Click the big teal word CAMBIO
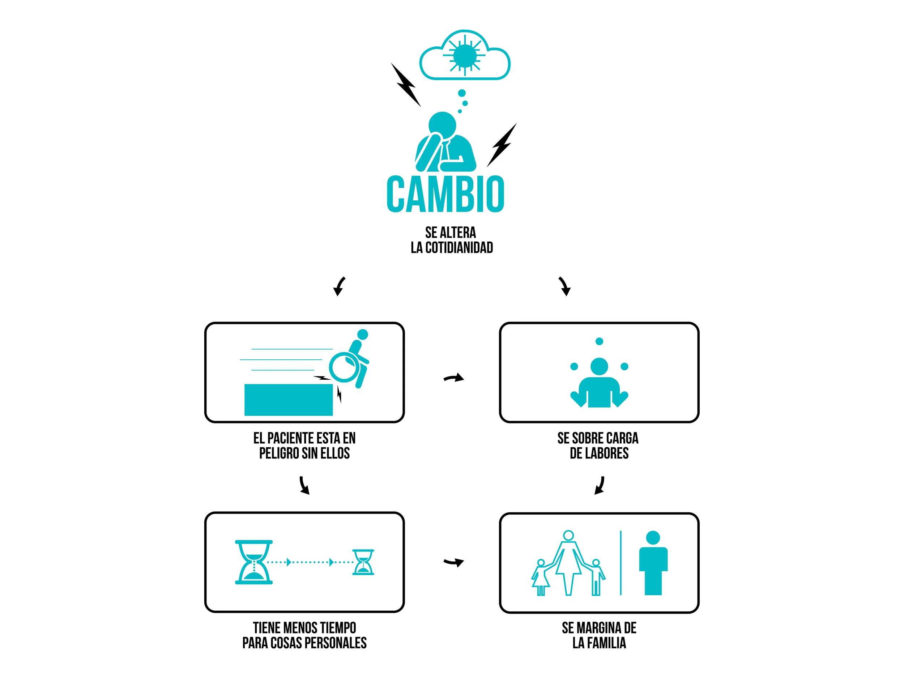[445, 194]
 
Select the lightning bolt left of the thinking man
[406, 85]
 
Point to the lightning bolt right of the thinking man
[502, 145]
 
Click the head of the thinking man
[442, 124]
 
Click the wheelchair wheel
[344, 367]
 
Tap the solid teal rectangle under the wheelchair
[289, 400]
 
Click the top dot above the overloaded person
[599, 341]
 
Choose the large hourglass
[254, 562]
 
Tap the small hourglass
[363, 562]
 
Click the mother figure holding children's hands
[568, 562]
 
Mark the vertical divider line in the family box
[621, 563]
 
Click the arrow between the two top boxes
[454, 378]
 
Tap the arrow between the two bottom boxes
[454, 562]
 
